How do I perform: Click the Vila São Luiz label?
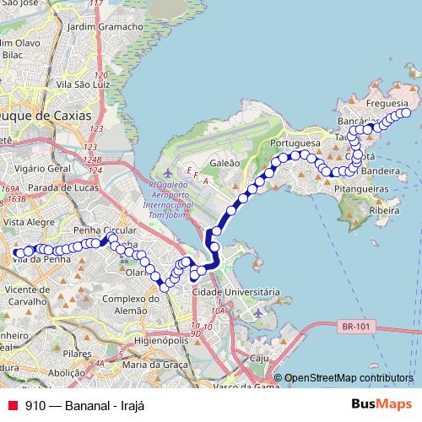[83, 84]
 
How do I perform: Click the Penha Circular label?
[105, 230]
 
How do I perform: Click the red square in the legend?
[12, 404]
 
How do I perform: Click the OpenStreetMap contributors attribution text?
[348, 378]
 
